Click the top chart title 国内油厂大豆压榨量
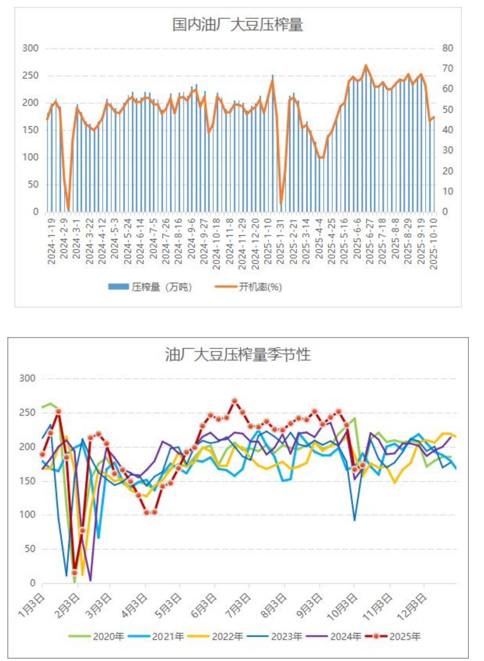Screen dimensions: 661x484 [x=237, y=25]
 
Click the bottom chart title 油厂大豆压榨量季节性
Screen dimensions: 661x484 [x=238, y=355]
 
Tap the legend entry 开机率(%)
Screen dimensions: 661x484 [x=260, y=287]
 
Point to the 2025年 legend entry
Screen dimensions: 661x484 [x=405, y=636]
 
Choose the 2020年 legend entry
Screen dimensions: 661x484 [x=108, y=636]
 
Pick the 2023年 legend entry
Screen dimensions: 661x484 [x=286, y=636]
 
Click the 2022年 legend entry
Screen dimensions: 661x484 [x=227, y=636]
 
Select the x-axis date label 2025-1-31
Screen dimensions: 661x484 [x=281, y=241]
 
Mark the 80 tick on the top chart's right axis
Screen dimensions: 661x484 [x=447, y=48]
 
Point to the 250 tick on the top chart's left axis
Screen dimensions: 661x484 [x=30, y=76]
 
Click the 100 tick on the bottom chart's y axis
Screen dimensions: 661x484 [x=27, y=515]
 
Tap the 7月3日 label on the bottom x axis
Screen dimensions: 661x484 [x=238, y=605]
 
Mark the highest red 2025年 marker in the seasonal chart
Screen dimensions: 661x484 [x=235, y=401]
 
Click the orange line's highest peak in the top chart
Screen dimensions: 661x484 [x=366, y=65]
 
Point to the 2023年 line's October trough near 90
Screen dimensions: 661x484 [x=354, y=520]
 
